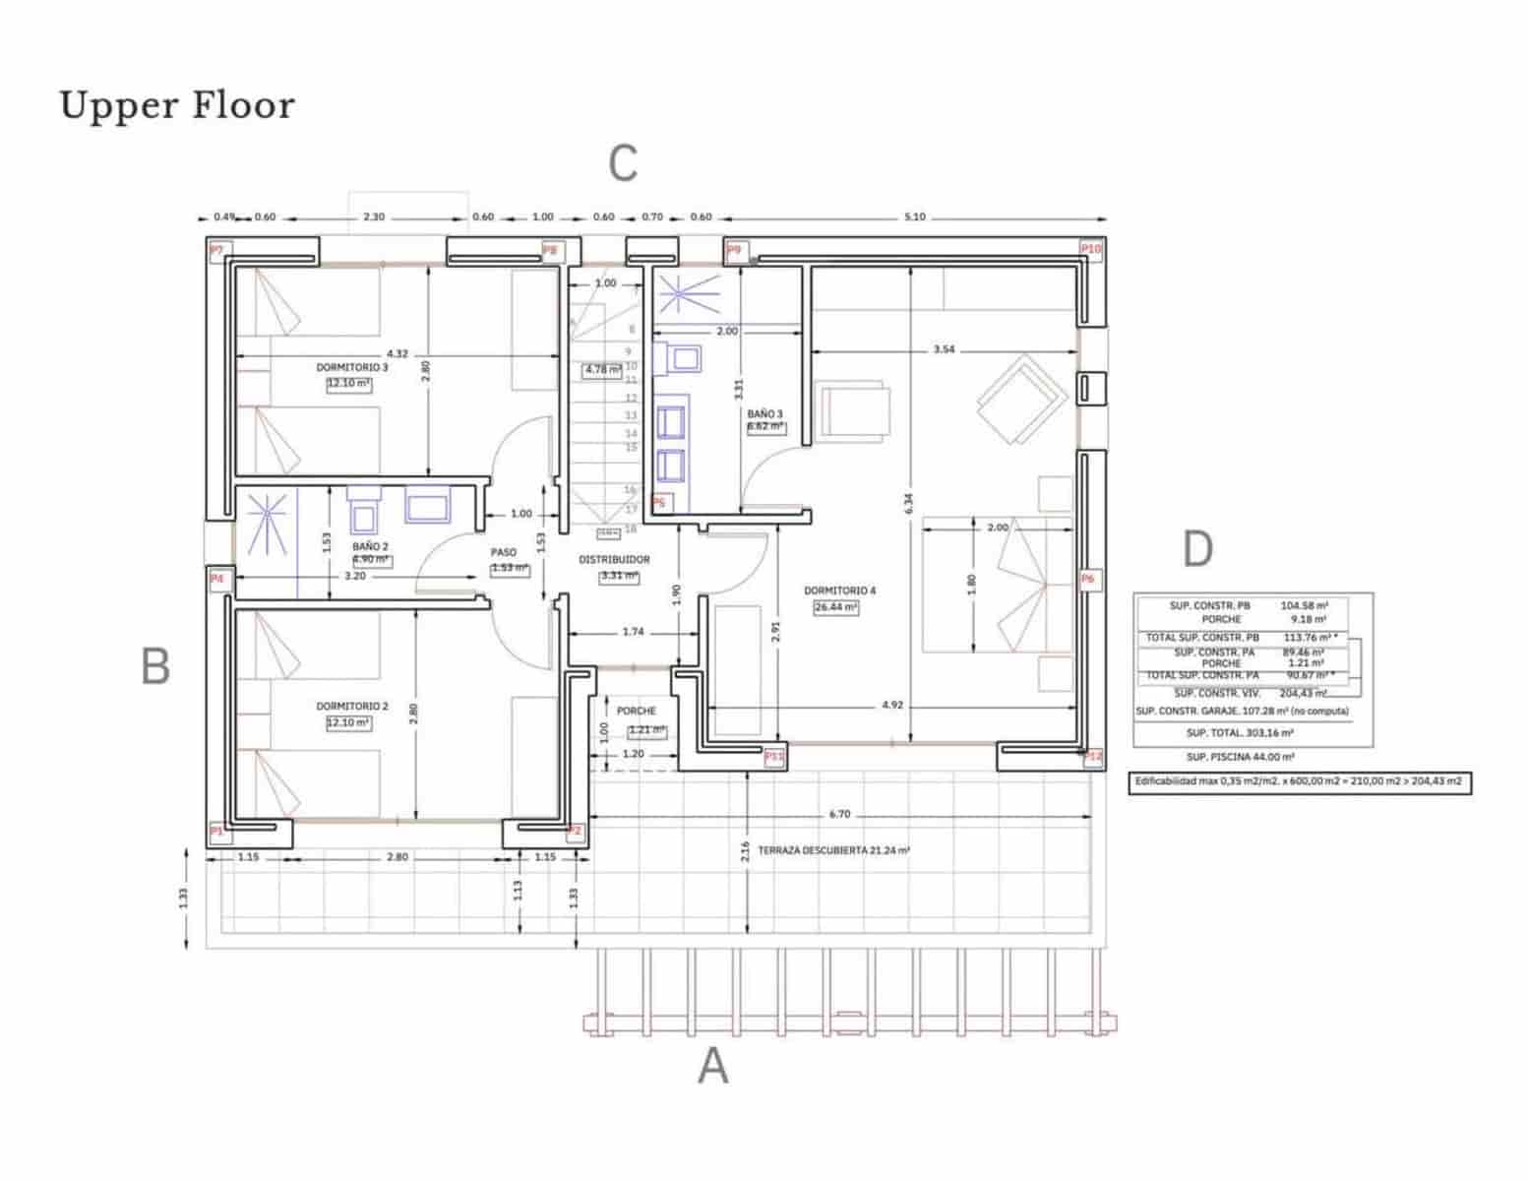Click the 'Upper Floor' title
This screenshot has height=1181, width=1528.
(177, 105)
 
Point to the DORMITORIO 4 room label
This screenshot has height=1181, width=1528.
(839, 590)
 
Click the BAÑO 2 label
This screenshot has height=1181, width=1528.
(370, 545)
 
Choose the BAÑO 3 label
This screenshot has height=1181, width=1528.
(764, 413)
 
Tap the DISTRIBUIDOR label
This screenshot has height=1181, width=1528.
(614, 559)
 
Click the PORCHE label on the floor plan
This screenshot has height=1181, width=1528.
(636, 711)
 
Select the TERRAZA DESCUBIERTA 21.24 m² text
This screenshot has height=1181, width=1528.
(833, 849)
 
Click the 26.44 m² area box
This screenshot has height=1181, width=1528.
(835, 607)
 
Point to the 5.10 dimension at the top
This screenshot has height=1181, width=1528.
(914, 217)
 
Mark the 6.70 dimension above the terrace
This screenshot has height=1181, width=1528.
(839, 814)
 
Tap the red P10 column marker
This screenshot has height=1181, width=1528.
(1090, 249)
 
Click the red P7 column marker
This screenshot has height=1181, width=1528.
(216, 250)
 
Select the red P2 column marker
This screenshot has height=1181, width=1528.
(575, 832)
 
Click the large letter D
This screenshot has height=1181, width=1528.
(1196, 549)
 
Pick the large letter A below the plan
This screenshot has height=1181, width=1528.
(712, 1066)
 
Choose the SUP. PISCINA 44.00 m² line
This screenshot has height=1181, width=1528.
(1240, 757)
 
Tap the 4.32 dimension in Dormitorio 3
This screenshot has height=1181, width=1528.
(397, 353)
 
